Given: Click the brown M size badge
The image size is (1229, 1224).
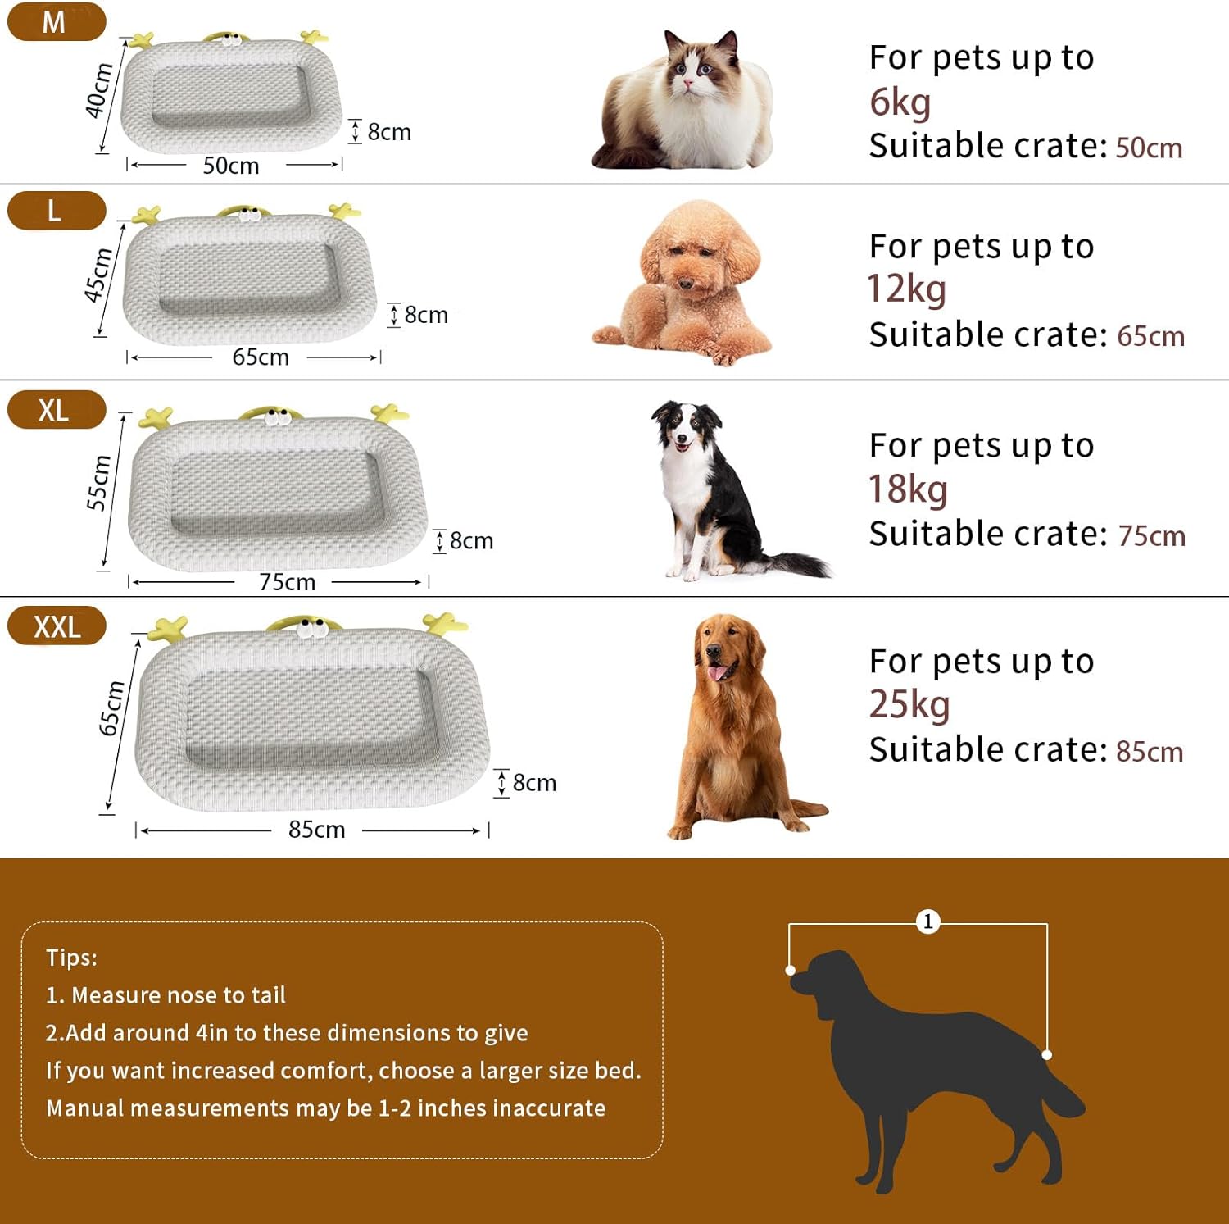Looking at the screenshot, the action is coord(56,21).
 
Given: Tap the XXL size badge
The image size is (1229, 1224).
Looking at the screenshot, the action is coord(56,626).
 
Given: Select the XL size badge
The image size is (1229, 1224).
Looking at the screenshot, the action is coord(56,409).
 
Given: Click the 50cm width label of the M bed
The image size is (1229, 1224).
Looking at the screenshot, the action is coord(231,166).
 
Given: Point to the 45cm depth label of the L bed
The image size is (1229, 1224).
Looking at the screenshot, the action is coord(98,275).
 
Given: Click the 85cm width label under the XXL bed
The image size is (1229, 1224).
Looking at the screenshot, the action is coord(316,830).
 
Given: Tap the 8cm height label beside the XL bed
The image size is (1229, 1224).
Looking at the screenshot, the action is coord(471,541).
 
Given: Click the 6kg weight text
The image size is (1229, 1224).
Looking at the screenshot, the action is coord(900,103).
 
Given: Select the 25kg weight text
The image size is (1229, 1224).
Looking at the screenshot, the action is coord(909,704).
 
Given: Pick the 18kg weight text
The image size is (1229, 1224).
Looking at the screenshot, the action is coord(908,489).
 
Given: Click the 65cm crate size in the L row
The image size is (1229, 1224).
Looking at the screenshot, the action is coord(1150,336).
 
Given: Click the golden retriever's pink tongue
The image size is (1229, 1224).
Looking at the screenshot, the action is coord(719,672).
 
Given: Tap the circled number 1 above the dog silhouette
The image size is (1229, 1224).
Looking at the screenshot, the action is coord(927,921).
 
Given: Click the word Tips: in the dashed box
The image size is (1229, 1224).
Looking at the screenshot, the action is coord(71,958).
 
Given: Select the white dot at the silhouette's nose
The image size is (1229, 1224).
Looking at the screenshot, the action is coord(790,971).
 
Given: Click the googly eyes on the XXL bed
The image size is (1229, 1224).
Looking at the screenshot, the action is coord(312,630).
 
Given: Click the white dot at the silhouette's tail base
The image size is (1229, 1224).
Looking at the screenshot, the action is coord(1047,1055).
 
